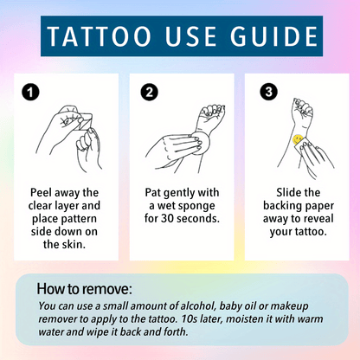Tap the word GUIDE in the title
click(276, 39)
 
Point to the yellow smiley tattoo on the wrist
click(297, 138)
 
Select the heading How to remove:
click(84, 288)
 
